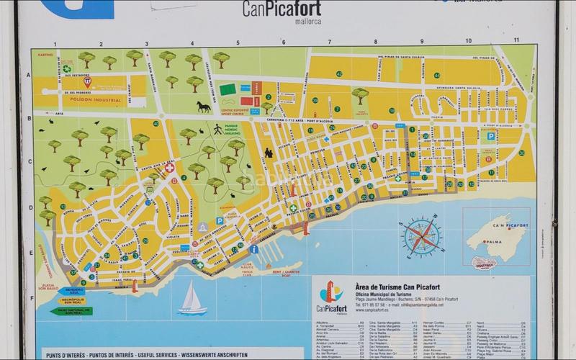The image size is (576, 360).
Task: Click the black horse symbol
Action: click(204, 107)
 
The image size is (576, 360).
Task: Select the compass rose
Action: click(423, 237)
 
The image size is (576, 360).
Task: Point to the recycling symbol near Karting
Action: click(67, 69)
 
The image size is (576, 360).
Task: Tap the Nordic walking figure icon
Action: click(217, 129)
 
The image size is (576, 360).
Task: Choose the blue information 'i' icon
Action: click(254, 249)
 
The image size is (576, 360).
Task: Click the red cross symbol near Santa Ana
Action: click(170, 168)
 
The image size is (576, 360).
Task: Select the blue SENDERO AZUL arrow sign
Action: click(71, 290)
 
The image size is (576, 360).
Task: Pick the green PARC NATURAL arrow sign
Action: click(71, 310)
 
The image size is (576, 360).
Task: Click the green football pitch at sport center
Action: click(228, 89)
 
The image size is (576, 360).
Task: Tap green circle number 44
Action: click(436, 75)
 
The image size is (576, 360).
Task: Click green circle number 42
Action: click(338, 73)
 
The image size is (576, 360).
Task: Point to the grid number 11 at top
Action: click(516, 40)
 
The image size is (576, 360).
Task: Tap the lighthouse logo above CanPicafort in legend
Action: click(330, 292)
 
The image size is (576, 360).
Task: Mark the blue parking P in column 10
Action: click(491, 135)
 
